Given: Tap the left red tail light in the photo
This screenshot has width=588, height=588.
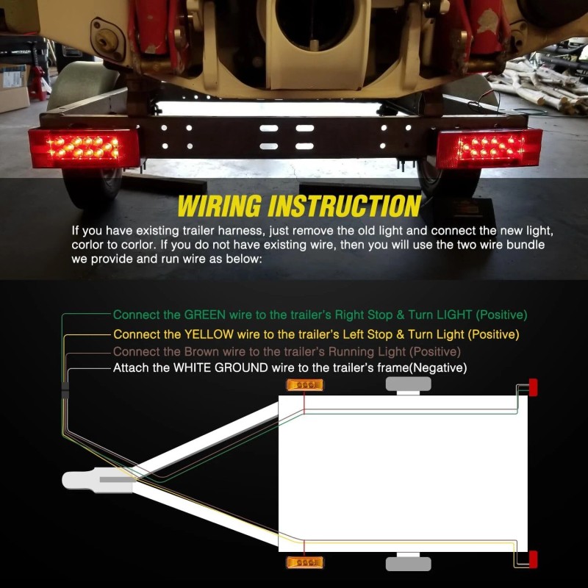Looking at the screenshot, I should pos(84,148).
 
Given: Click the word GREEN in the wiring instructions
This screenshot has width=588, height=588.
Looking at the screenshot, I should pos(205,315).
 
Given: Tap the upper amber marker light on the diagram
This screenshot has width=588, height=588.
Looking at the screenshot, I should pos(304,385).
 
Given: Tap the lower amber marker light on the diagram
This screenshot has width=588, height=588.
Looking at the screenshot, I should pos(304,563).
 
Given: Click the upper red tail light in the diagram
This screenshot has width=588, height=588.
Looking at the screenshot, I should pos(533,387).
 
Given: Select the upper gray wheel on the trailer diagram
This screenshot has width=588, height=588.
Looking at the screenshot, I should pos(407,384).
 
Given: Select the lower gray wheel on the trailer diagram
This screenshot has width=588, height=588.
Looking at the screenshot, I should pos(407,564).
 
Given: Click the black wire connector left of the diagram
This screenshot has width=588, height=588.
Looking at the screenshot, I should pos(65,390).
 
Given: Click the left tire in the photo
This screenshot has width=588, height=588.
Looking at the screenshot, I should pos(85,184).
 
